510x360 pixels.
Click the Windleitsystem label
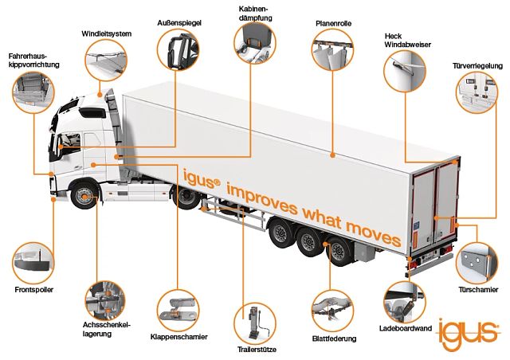point(106,33)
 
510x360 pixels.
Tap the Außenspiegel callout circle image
point(178,49)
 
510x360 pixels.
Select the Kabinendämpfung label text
point(255,14)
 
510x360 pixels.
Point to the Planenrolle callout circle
point(332,49)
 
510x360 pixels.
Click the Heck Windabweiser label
point(407,41)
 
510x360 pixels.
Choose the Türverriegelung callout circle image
point(477,92)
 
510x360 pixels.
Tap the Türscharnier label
point(478,289)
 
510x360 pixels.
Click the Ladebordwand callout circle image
point(404,303)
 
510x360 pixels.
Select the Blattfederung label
point(334,338)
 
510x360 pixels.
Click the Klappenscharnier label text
point(178,337)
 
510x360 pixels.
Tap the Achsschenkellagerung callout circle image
point(105,301)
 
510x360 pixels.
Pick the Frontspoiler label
point(33,289)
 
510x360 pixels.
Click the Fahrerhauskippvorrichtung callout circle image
point(33,92)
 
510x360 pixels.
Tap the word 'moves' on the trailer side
point(373,233)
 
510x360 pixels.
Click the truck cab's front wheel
point(84,197)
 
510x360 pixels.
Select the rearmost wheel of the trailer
point(339,251)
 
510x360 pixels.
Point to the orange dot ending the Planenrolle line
point(332,155)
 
